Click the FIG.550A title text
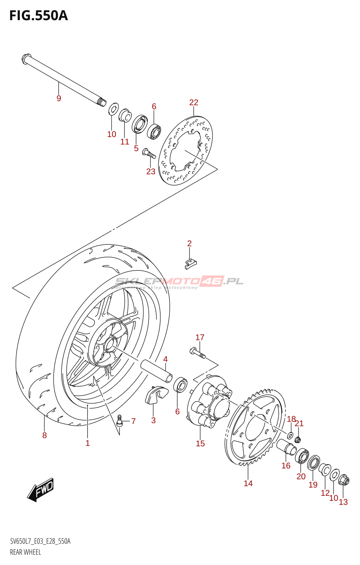pos(38,16)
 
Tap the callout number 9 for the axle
pos(59,99)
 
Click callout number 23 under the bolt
pos(151,172)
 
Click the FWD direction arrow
pos(41,490)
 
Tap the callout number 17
pos(200,338)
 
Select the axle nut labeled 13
pos(344,481)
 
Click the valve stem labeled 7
pos(119,421)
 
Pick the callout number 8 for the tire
pos(44,435)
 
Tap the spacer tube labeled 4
pos(156,370)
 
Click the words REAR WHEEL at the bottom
pos(25,552)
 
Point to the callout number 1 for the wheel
pos(88,443)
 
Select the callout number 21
pos(299,424)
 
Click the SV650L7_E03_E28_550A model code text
pos(40,541)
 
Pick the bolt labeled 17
pos(197,353)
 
